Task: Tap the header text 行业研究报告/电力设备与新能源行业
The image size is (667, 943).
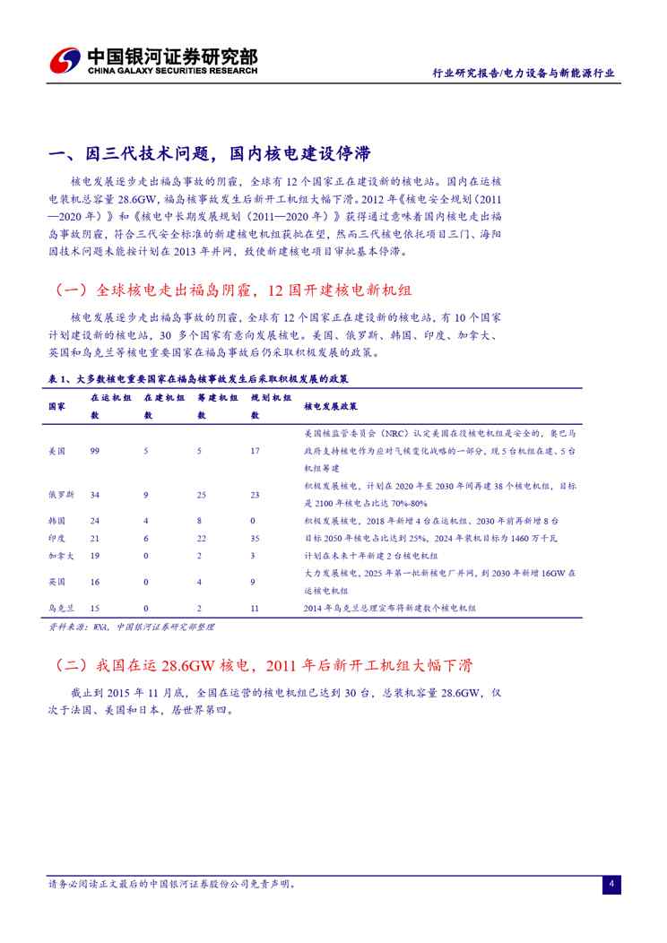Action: [523, 74]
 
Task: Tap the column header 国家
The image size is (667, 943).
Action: [56, 406]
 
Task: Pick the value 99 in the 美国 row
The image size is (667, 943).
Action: [95, 451]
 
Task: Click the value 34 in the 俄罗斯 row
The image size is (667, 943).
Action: [95, 494]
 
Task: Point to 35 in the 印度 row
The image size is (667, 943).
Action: [256, 537]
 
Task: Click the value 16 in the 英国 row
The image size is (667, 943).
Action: [95, 581]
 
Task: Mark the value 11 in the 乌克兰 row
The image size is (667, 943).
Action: [256, 607]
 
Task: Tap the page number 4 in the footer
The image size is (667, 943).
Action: [611, 884]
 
